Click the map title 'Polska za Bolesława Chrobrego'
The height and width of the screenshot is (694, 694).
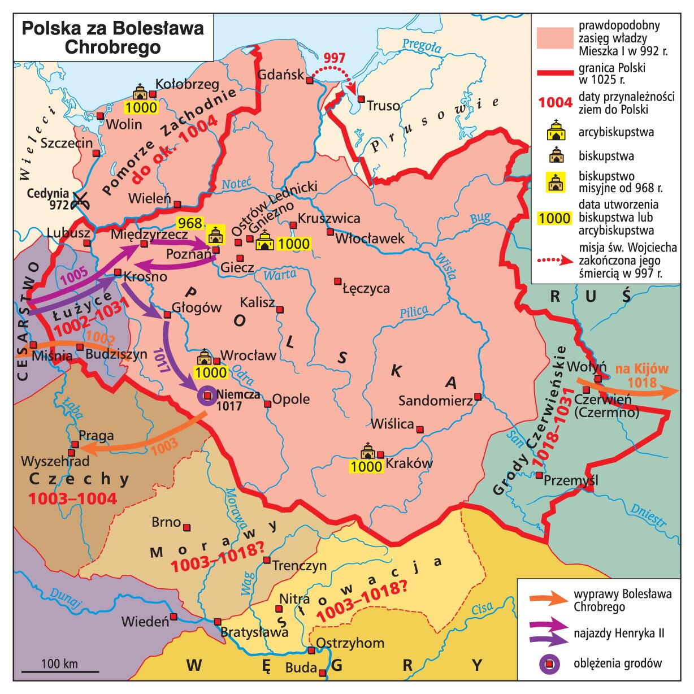(112, 37)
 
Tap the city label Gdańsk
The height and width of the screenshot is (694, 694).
(280, 75)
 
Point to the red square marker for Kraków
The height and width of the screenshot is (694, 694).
(380, 454)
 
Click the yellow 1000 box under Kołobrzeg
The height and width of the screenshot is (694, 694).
(141, 107)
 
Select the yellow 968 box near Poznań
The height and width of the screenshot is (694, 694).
(190, 223)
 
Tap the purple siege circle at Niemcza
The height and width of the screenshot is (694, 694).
(207, 396)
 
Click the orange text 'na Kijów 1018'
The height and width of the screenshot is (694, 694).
(641, 376)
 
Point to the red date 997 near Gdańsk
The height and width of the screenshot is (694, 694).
(334, 58)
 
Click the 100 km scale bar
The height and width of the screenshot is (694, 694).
(60, 671)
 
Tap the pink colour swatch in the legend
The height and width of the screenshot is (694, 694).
(554, 39)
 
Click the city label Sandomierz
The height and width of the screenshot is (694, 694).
(435, 401)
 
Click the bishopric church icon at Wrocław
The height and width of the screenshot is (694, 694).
(203, 358)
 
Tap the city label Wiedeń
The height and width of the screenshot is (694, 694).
(145, 622)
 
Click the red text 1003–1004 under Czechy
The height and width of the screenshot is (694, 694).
(72, 498)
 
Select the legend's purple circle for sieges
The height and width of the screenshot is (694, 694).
(549, 664)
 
